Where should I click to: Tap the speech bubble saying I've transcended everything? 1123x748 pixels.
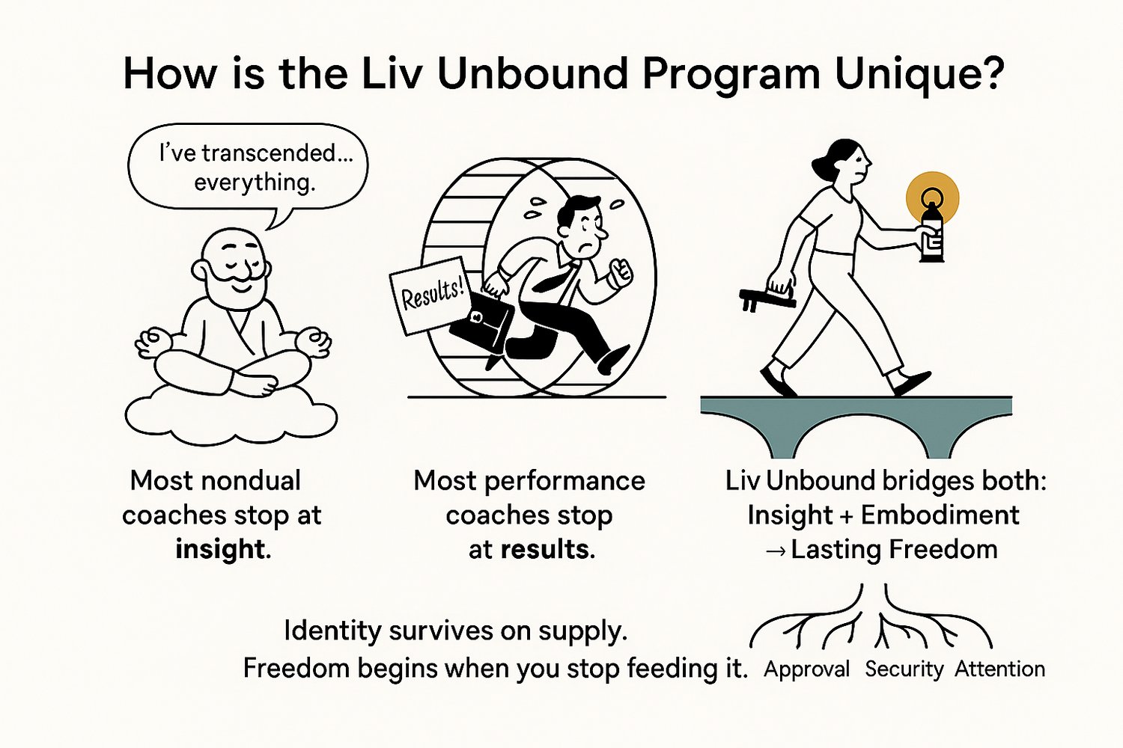(248, 168)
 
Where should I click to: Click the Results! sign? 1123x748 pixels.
(431, 295)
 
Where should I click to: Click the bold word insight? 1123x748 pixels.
(220, 550)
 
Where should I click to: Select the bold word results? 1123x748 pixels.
(544, 550)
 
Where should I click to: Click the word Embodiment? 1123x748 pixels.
(940, 515)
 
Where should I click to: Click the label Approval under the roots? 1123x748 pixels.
(806, 669)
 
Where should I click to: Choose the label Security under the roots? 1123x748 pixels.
(904, 669)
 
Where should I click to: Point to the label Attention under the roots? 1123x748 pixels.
(999, 669)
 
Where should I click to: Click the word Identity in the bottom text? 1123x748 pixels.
(332, 631)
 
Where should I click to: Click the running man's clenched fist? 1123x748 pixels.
(620, 273)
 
